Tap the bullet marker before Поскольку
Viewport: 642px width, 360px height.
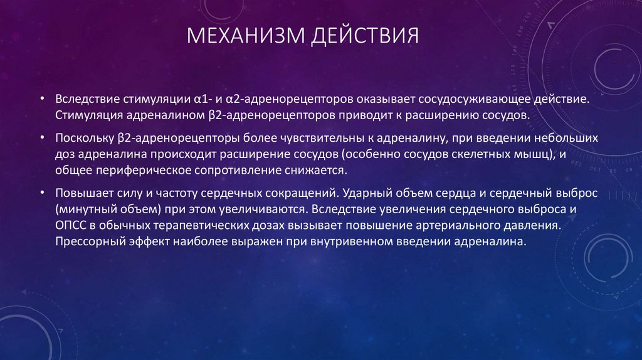[x=41, y=137]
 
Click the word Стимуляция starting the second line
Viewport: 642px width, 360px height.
[x=85, y=115]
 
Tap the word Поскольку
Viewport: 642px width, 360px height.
[x=83, y=137]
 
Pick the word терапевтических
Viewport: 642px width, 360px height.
[x=199, y=225]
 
